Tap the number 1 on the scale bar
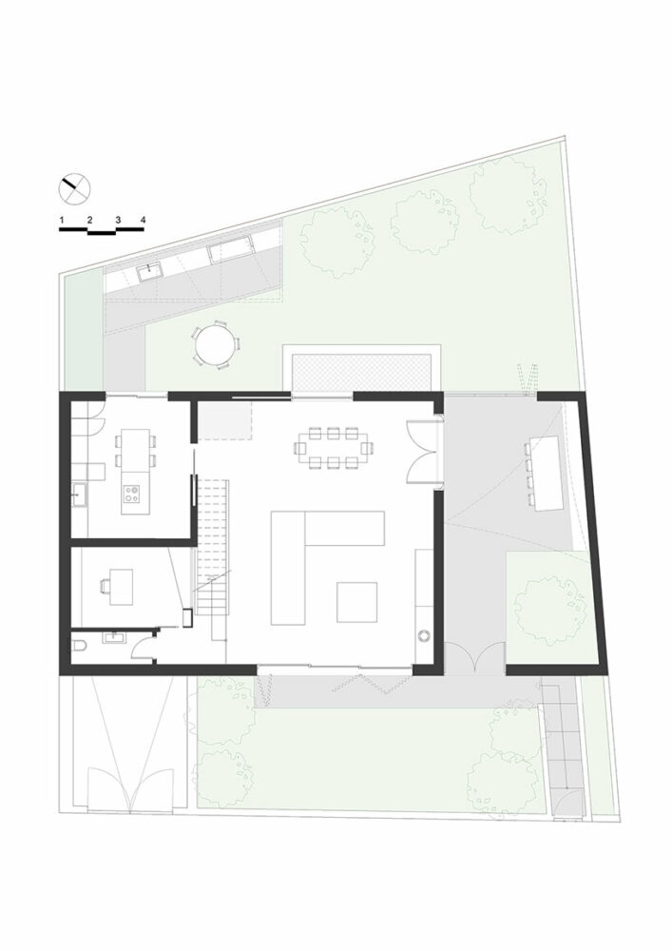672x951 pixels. (63, 220)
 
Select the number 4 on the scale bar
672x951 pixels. (143, 220)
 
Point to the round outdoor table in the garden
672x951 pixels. (215, 343)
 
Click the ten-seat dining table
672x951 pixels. (333, 448)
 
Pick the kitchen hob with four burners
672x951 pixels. (132, 495)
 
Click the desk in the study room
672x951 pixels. (121, 587)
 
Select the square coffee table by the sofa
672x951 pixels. (356, 602)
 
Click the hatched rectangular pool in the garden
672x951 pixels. (361, 373)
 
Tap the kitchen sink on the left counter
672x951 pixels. (80, 494)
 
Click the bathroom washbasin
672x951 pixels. (114, 637)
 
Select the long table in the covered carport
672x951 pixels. (547, 473)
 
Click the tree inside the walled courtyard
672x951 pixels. (550, 611)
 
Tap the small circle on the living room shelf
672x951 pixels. (423, 636)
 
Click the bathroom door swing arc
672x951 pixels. (142, 649)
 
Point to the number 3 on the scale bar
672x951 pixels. (118, 220)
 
